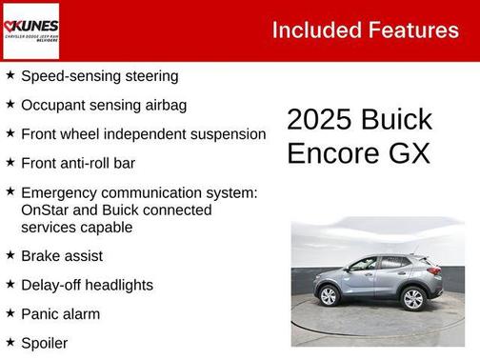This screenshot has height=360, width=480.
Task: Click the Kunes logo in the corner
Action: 30,29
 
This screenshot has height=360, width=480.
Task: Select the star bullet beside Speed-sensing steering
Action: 10,74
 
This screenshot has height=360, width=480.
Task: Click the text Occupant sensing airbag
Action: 103,105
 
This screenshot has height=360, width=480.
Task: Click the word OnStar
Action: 46,210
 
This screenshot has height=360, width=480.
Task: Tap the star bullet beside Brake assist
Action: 10,255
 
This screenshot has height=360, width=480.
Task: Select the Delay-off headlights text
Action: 87,285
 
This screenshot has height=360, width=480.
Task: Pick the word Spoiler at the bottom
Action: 44,342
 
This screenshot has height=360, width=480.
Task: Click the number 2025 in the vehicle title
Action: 319,120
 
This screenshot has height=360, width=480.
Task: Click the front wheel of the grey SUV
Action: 329,296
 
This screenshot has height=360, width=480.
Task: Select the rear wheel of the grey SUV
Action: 412,299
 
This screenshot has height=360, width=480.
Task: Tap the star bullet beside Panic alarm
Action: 10,312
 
